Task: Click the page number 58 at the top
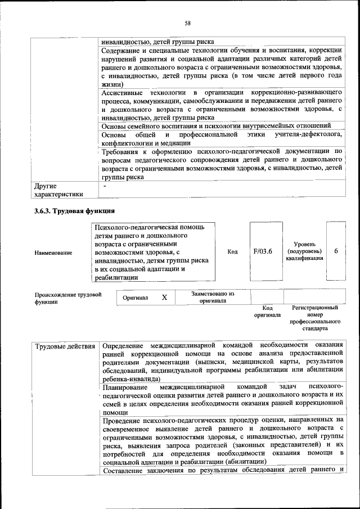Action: (188, 22)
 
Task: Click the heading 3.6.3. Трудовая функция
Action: (75, 211)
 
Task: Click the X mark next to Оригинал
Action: (164, 297)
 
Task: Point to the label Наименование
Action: (53, 253)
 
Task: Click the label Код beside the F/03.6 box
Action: (232, 251)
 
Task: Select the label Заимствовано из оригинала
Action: (213, 297)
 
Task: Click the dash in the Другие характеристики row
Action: (104, 185)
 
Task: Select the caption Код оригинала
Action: (267, 312)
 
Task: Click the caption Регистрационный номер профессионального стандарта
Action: (314, 318)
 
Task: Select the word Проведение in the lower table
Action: (124, 420)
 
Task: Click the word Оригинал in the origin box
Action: (136, 298)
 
